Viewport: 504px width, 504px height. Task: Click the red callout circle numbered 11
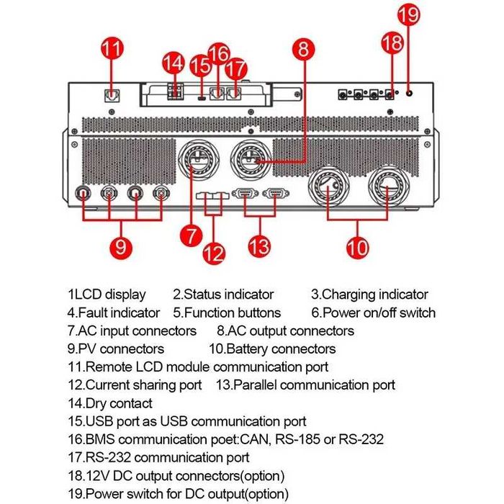coord(112,50)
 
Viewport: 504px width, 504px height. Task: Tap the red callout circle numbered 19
coord(409,15)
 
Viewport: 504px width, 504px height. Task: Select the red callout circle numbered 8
coord(304,50)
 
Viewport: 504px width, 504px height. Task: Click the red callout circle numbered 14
coord(173,63)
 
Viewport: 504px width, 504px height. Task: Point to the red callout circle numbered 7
coord(190,235)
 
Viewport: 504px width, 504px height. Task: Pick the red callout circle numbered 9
coord(122,246)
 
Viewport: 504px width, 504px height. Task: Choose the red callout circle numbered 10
coord(356,247)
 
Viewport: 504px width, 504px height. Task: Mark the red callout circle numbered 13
coord(260,246)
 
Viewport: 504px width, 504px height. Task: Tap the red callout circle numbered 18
coord(392,42)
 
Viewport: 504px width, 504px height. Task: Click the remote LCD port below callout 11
coord(112,94)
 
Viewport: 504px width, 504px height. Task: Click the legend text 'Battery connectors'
coord(281,349)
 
